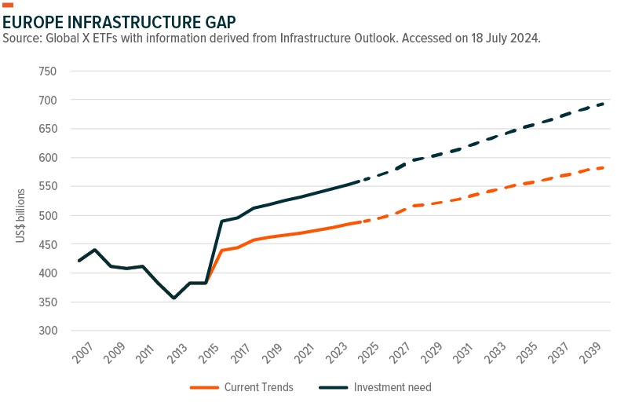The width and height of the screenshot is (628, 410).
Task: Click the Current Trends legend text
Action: coord(257,387)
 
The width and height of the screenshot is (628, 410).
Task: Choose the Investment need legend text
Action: coord(392,387)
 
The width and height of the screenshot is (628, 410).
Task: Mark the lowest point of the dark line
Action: coord(174,298)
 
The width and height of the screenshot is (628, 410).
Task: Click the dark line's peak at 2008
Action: coord(95,250)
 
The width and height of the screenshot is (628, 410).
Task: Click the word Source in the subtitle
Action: coord(23,38)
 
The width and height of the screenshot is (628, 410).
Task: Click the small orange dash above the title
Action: coord(9,5)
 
